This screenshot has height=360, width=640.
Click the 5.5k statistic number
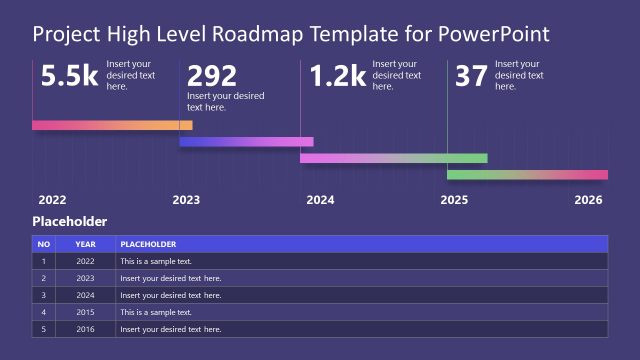tap(67, 77)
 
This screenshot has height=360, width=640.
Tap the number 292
tap(212, 77)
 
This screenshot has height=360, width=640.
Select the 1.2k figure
tap(336, 77)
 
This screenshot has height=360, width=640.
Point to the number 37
tap(471, 77)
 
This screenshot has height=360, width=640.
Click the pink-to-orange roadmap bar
tap(112, 125)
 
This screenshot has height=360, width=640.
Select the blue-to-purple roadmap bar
tap(246, 142)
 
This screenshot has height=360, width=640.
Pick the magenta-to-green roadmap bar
tap(393, 158)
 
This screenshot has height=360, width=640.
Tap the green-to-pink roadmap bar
tap(527, 175)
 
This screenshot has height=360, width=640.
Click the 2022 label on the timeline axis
tap(52, 200)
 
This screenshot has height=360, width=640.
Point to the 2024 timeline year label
tap(320, 200)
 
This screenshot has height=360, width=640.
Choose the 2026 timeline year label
tap(589, 200)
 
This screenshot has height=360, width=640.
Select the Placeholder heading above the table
tap(69, 222)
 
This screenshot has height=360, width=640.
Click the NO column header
tap(43, 244)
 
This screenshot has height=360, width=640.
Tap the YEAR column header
tap(85, 244)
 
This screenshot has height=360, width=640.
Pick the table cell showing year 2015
tap(85, 312)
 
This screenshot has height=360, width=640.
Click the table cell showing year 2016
tap(85, 329)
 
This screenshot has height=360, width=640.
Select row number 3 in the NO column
tap(43, 295)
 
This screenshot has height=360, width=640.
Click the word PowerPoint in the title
tap(496, 35)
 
